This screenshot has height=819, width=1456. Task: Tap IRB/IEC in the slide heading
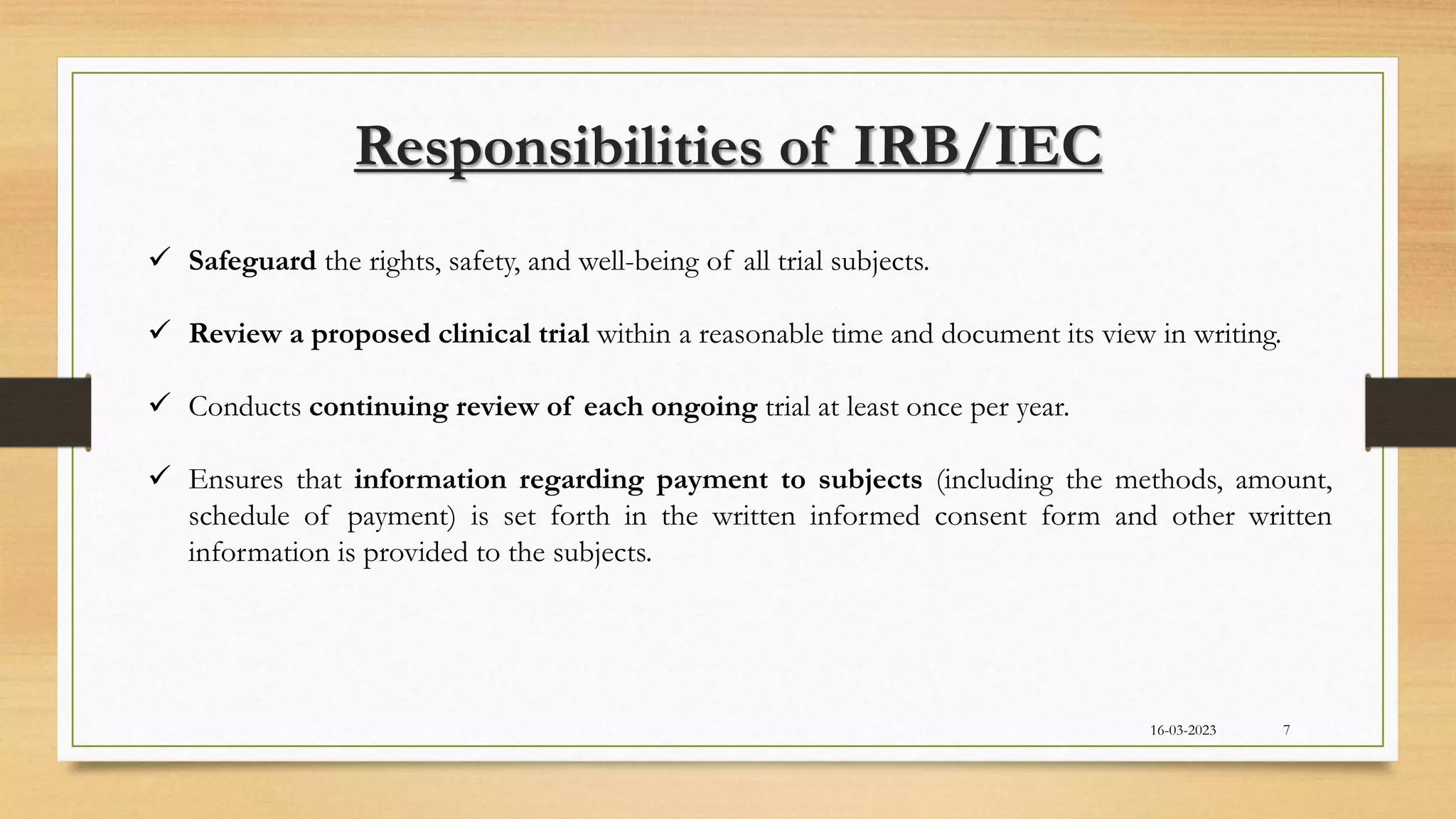978,147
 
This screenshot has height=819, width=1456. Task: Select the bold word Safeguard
252,262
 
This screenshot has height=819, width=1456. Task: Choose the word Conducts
245,407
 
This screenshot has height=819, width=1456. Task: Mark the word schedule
239,515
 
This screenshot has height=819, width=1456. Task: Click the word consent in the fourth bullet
980,515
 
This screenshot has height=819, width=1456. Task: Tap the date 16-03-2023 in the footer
1183,730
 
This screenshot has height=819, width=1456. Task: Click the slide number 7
1287,730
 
